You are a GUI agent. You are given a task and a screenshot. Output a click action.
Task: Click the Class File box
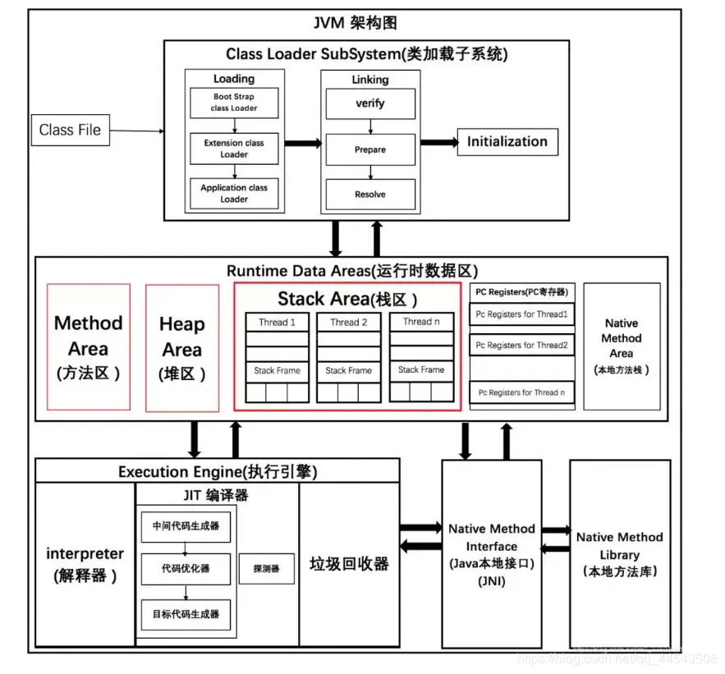71,130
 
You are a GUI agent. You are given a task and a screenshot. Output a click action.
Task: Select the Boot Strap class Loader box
234,103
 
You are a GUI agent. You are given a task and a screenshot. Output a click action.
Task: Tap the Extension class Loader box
234,149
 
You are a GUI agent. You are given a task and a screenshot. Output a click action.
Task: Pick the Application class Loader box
234,193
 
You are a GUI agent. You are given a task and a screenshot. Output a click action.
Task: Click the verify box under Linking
369,104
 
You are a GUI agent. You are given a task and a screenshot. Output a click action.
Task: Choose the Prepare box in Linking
369,150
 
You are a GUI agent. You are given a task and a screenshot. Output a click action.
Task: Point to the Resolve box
369,195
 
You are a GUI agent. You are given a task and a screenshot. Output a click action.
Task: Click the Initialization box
507,141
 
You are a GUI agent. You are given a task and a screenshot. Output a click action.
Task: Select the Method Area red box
89,346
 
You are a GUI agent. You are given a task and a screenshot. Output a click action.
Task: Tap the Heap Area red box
182,347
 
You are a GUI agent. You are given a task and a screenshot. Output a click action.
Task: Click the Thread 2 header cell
349,323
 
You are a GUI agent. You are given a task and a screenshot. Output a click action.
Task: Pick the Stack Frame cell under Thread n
420,370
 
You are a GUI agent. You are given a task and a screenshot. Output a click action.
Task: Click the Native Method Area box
622,346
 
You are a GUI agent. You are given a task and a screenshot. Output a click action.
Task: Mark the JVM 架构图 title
360,22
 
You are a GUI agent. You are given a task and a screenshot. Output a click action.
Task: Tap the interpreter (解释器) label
85,564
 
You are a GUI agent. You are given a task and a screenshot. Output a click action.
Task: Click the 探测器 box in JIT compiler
266,568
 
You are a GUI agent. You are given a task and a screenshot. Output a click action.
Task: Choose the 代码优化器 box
186,568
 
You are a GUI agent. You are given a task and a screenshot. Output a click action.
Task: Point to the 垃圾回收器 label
349,564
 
